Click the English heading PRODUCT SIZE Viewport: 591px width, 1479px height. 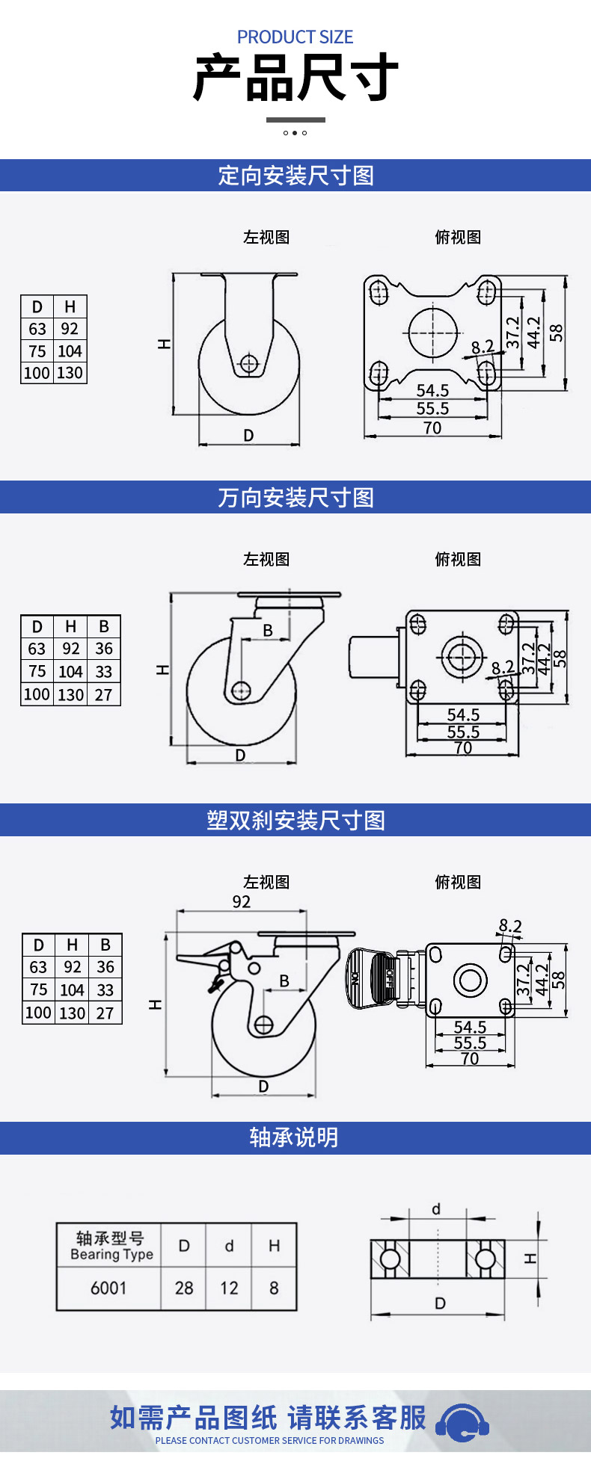click(x=295, y=37)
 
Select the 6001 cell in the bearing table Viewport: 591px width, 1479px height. click(x=108, y=1288)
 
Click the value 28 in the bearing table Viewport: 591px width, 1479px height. click(x=184, y=1288)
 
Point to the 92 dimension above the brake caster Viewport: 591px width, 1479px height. click(x=242, y=901)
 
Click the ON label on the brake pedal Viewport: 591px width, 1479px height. click(x=355, y=977)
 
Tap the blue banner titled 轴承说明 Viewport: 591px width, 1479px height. click(x=295, y=1137)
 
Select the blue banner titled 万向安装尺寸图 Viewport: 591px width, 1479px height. click(x=295, y=497)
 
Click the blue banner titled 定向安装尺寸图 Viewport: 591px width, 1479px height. click(x=295, y=176)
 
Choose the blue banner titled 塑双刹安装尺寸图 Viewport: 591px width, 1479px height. click(x=295, y=820)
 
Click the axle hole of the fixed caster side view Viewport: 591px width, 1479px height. click(x=249, y=364)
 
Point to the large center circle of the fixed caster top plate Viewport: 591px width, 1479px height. click(x=432, y=331)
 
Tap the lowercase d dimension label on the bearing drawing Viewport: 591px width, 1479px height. click(x=436, y=1209)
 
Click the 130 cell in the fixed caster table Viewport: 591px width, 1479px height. click(x=70, y=373)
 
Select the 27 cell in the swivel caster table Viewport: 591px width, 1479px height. click(x=104, y=694)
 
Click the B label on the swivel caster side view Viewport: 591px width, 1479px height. click(x=268, y=630)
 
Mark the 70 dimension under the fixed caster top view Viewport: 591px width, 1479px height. click(x=432, y=428)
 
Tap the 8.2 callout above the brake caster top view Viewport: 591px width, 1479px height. click(x=510, y=926)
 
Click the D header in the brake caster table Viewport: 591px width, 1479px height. click(x=39, y=945)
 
